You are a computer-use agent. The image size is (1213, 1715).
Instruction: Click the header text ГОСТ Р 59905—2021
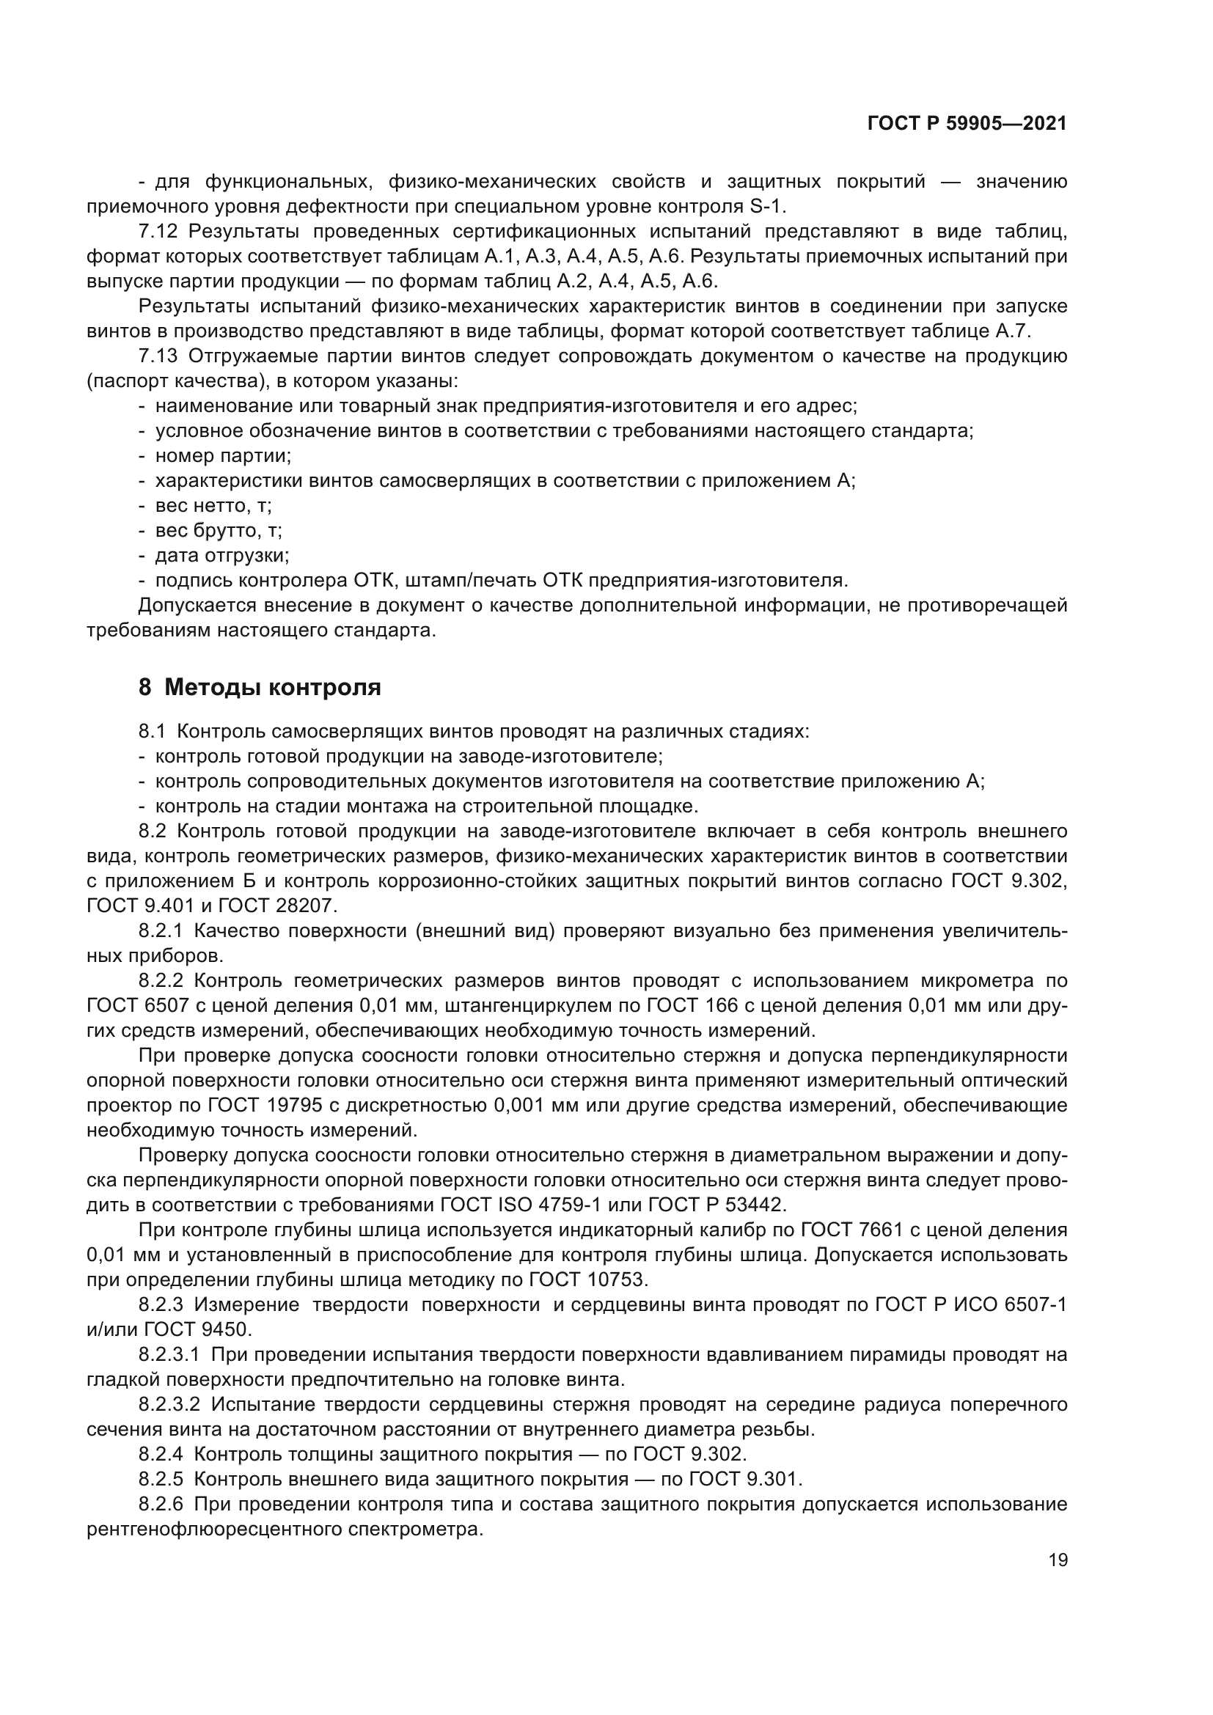click(x=967, y=124)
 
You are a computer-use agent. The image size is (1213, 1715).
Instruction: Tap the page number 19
click(x=1058, y=1560)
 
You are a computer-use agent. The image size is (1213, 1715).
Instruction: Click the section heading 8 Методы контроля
click(x=260, y=687)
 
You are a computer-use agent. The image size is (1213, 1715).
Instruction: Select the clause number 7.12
click(x=158, y=232)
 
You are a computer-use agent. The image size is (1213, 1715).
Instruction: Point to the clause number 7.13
click(x=158, y=356)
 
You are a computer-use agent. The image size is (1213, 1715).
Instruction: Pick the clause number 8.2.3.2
click(x=169, y=1404)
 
